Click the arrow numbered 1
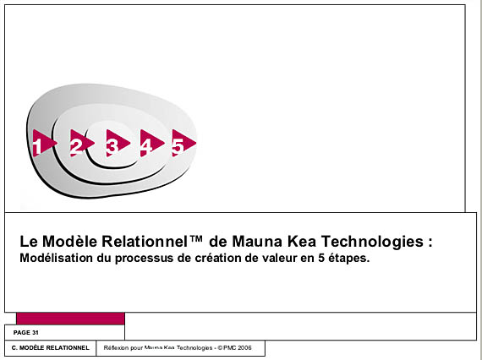pos(43,143)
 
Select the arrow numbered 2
pos(80,143)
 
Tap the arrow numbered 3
pos(117,143)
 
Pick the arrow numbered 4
pos(151,143)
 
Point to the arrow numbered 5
pos(183,143)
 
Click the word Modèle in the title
pos(70,241)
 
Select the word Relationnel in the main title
pos(144,241)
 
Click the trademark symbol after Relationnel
pos(196,238)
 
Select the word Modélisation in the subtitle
pos(57,258)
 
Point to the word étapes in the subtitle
pos(349,259)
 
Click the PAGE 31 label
pos(26,333)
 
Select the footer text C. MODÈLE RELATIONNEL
pos(51,348)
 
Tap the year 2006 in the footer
pos(244,347)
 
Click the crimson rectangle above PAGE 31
pos(70,319)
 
